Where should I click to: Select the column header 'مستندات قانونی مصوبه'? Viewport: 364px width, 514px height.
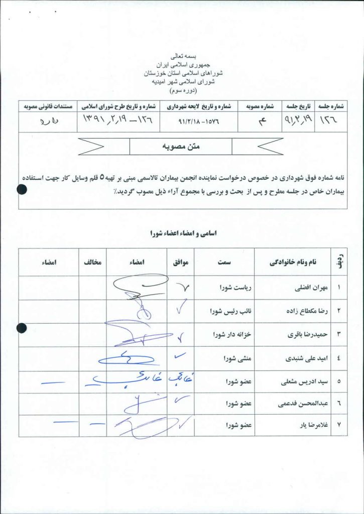47,106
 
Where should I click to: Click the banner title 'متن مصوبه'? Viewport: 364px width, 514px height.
181,147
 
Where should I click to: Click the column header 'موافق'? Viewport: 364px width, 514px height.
180,262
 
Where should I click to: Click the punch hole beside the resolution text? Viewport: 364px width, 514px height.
22,189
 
